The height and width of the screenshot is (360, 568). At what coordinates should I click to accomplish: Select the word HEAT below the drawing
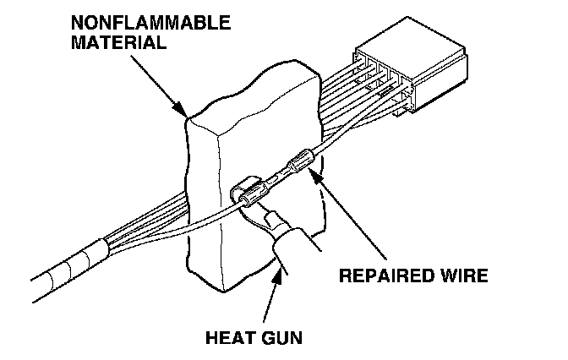(230, 338)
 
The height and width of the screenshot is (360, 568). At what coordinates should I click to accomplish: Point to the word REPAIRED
(385, 276)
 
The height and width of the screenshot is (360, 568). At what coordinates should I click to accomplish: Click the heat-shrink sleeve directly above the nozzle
(246, 192)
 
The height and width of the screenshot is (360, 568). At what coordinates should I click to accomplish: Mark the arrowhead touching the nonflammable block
(183, 111)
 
